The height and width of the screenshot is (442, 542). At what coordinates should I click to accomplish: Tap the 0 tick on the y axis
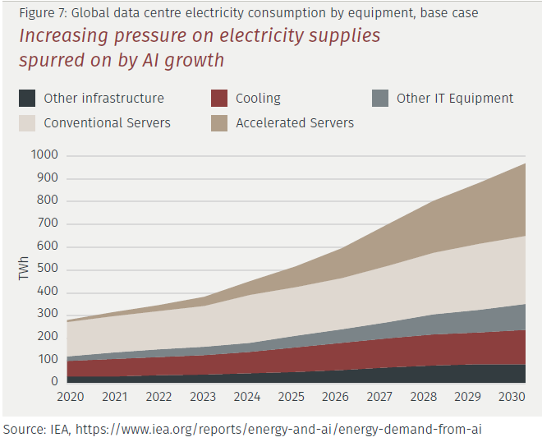54,381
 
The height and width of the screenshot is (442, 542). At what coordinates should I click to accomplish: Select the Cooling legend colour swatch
219,99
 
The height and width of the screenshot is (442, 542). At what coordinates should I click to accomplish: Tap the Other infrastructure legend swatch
27,99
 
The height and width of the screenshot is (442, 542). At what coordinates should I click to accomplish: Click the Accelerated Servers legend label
295,123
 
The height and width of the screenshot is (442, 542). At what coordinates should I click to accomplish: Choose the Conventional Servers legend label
107,123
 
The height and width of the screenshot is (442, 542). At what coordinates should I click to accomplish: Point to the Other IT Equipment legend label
455,99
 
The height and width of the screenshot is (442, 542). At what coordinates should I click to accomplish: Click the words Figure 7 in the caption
40,13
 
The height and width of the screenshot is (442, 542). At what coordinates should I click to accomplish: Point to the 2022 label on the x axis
158,397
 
